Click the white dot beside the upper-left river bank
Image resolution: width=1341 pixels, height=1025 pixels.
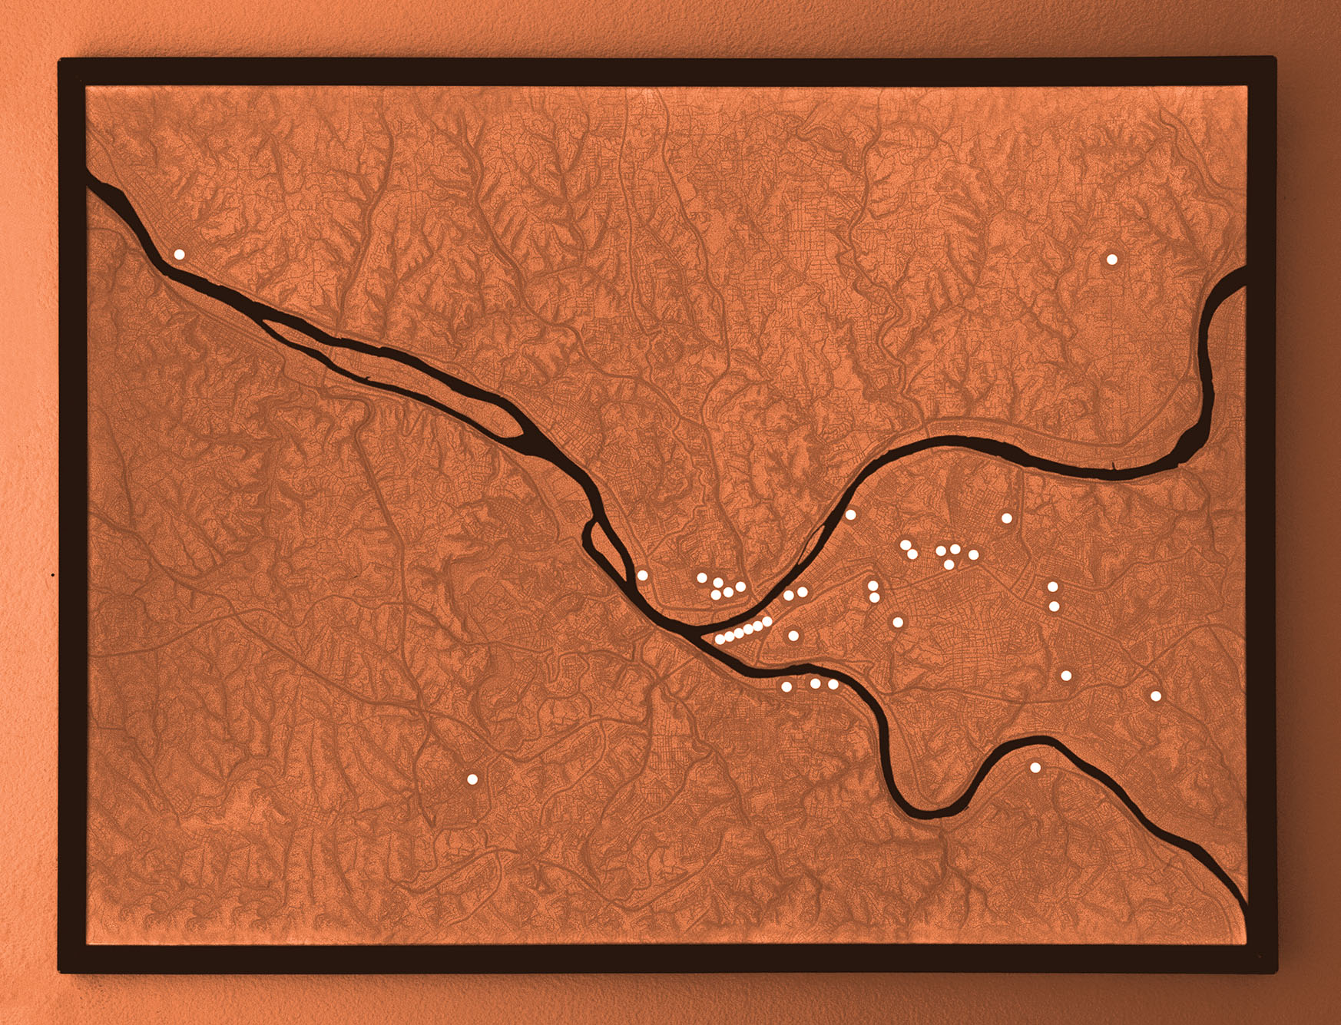pos(179,254)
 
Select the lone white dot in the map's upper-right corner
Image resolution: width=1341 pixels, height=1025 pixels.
pos(1111,260)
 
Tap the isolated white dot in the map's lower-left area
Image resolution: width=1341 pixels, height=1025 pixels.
pos(472,779)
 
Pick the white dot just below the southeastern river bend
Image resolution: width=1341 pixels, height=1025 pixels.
pos(1035,768)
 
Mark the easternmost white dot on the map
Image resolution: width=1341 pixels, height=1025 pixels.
pos(1155,696)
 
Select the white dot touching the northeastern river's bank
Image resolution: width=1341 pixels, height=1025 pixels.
pos(850,514)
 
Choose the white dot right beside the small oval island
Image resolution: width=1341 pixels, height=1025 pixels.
pos(643,575)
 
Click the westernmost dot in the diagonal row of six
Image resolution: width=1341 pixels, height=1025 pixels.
pos(720,639)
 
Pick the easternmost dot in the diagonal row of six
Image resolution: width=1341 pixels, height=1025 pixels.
pos(767,622)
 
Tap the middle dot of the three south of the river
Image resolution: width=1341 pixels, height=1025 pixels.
pos(815,683)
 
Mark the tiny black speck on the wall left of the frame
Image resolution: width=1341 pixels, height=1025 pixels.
pos(52,574)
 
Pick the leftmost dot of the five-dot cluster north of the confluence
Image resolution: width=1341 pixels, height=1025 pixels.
pos(701,577)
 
